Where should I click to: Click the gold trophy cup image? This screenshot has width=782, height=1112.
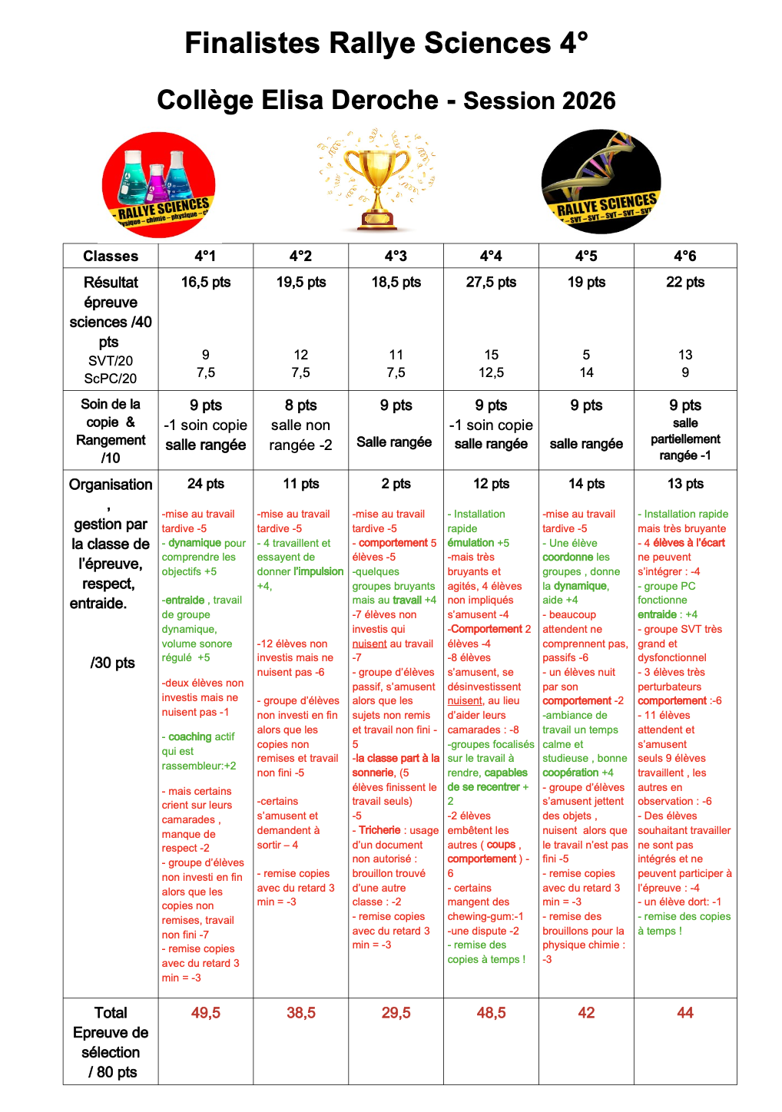[377, 184]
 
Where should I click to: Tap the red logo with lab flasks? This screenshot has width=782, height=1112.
[159, 185]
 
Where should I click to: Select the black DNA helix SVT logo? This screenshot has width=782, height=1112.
[601, 182]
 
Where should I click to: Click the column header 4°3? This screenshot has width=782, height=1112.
[396, 256]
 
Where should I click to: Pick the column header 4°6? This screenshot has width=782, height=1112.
[684, 256]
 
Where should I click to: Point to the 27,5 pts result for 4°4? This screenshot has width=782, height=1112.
[491, 282]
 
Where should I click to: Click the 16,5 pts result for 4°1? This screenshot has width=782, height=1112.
[206, 282]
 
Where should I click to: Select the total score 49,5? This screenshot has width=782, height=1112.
[206, 1013]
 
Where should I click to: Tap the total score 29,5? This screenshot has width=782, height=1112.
[396, 1013]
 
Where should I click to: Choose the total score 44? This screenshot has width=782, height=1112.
[684, 1013]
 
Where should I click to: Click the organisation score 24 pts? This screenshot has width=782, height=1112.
[206, 484]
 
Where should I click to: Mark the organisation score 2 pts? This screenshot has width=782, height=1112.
[396, 484]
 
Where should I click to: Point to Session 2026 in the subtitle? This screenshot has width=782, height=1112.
[539, 101]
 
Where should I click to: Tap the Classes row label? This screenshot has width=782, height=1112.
[111, 256]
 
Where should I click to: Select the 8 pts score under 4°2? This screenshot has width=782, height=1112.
[300, 405]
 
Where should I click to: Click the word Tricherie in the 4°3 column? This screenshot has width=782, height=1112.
[379, 830]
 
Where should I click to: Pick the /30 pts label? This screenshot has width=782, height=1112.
[112, 662]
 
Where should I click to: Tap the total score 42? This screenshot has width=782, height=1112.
[586, 1013]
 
